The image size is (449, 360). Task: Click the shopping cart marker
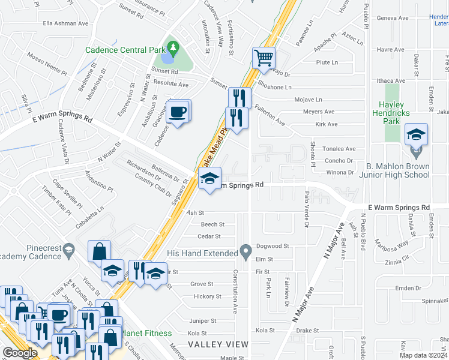[x=264, y=58]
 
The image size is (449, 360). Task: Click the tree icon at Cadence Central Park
[x=173, y=47]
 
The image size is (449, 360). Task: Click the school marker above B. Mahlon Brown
[x=415, y=136]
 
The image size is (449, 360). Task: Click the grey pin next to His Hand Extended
[x=244, y=250]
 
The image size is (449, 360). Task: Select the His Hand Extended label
[x=203, y=253]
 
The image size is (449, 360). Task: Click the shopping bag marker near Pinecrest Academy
[x=99, y=252]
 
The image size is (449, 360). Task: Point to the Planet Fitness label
[x=147, y=333]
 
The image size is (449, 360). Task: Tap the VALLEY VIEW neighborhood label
[x=218, y=344]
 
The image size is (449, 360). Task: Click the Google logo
[x=20, y=353]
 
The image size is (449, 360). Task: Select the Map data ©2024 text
[x=423, y=355]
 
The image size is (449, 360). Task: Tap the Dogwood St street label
[x=273, y=246]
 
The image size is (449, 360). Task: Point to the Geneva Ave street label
[x=391, y=18]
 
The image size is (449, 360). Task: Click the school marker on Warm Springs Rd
[x=209, y=179]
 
